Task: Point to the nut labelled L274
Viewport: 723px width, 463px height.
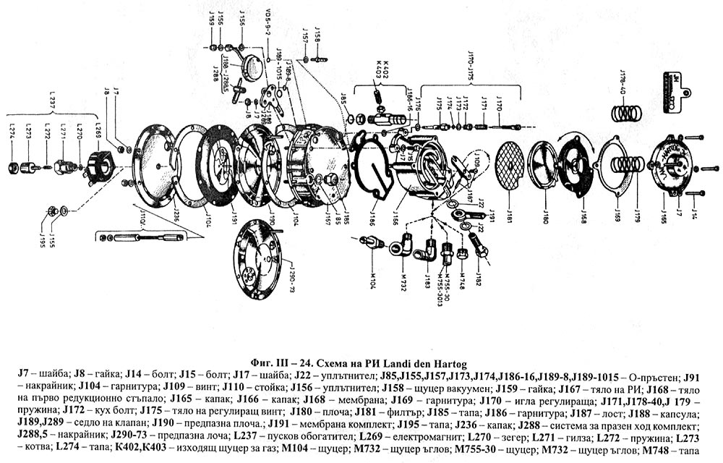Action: click(13, 168)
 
